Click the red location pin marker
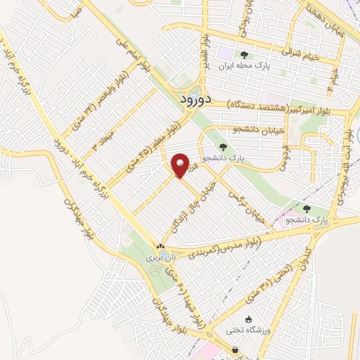[x=180, y=165]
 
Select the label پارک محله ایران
[x=244, y=67]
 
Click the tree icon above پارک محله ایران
[x=244, y=55]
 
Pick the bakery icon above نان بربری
[x=160, y=246]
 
